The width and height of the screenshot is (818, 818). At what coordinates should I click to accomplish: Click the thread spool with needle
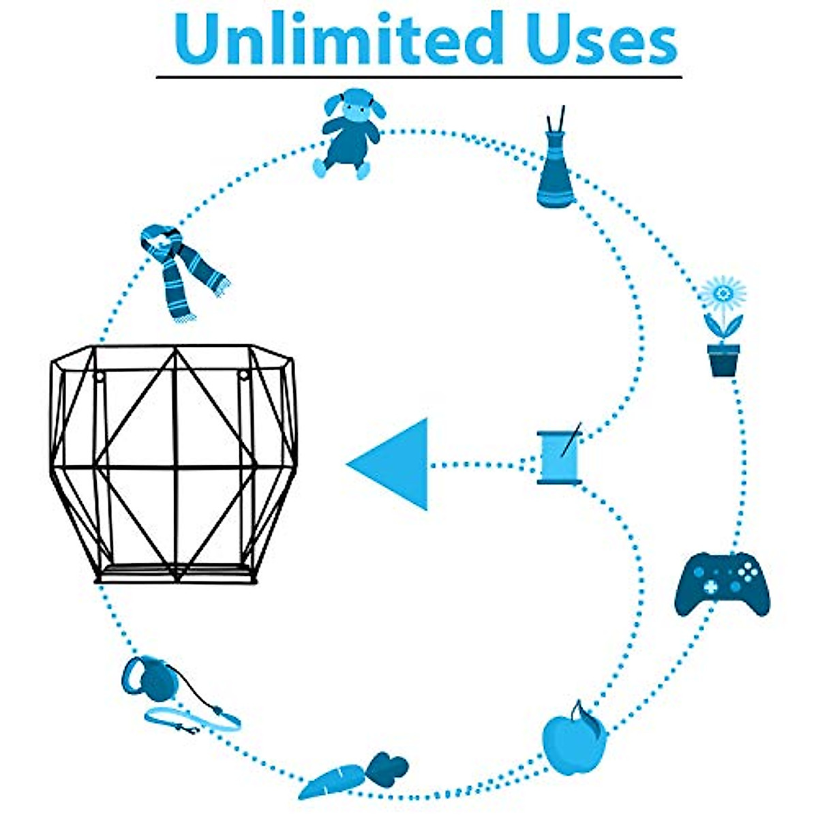click(x=560, y=457)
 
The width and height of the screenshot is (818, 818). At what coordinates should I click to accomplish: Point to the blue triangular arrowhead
click(x=395, y=464)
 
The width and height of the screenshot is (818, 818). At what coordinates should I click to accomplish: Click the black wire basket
click(x=174, y=464)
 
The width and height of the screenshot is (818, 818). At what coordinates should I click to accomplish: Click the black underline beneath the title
click(x=419, y=76)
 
